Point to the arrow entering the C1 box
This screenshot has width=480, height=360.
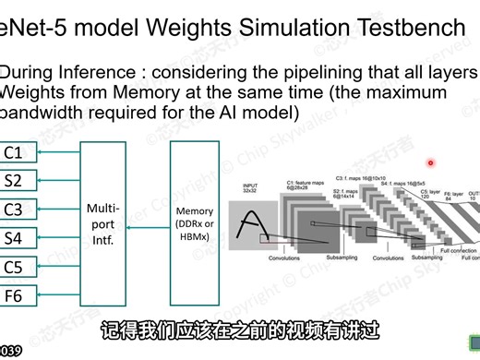(54, 151)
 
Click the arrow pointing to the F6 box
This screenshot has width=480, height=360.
(54, 295)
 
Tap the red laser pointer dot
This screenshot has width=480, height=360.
(430, 163)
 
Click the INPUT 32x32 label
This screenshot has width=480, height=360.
(250, 190)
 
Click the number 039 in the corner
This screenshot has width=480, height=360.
(10, 351)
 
